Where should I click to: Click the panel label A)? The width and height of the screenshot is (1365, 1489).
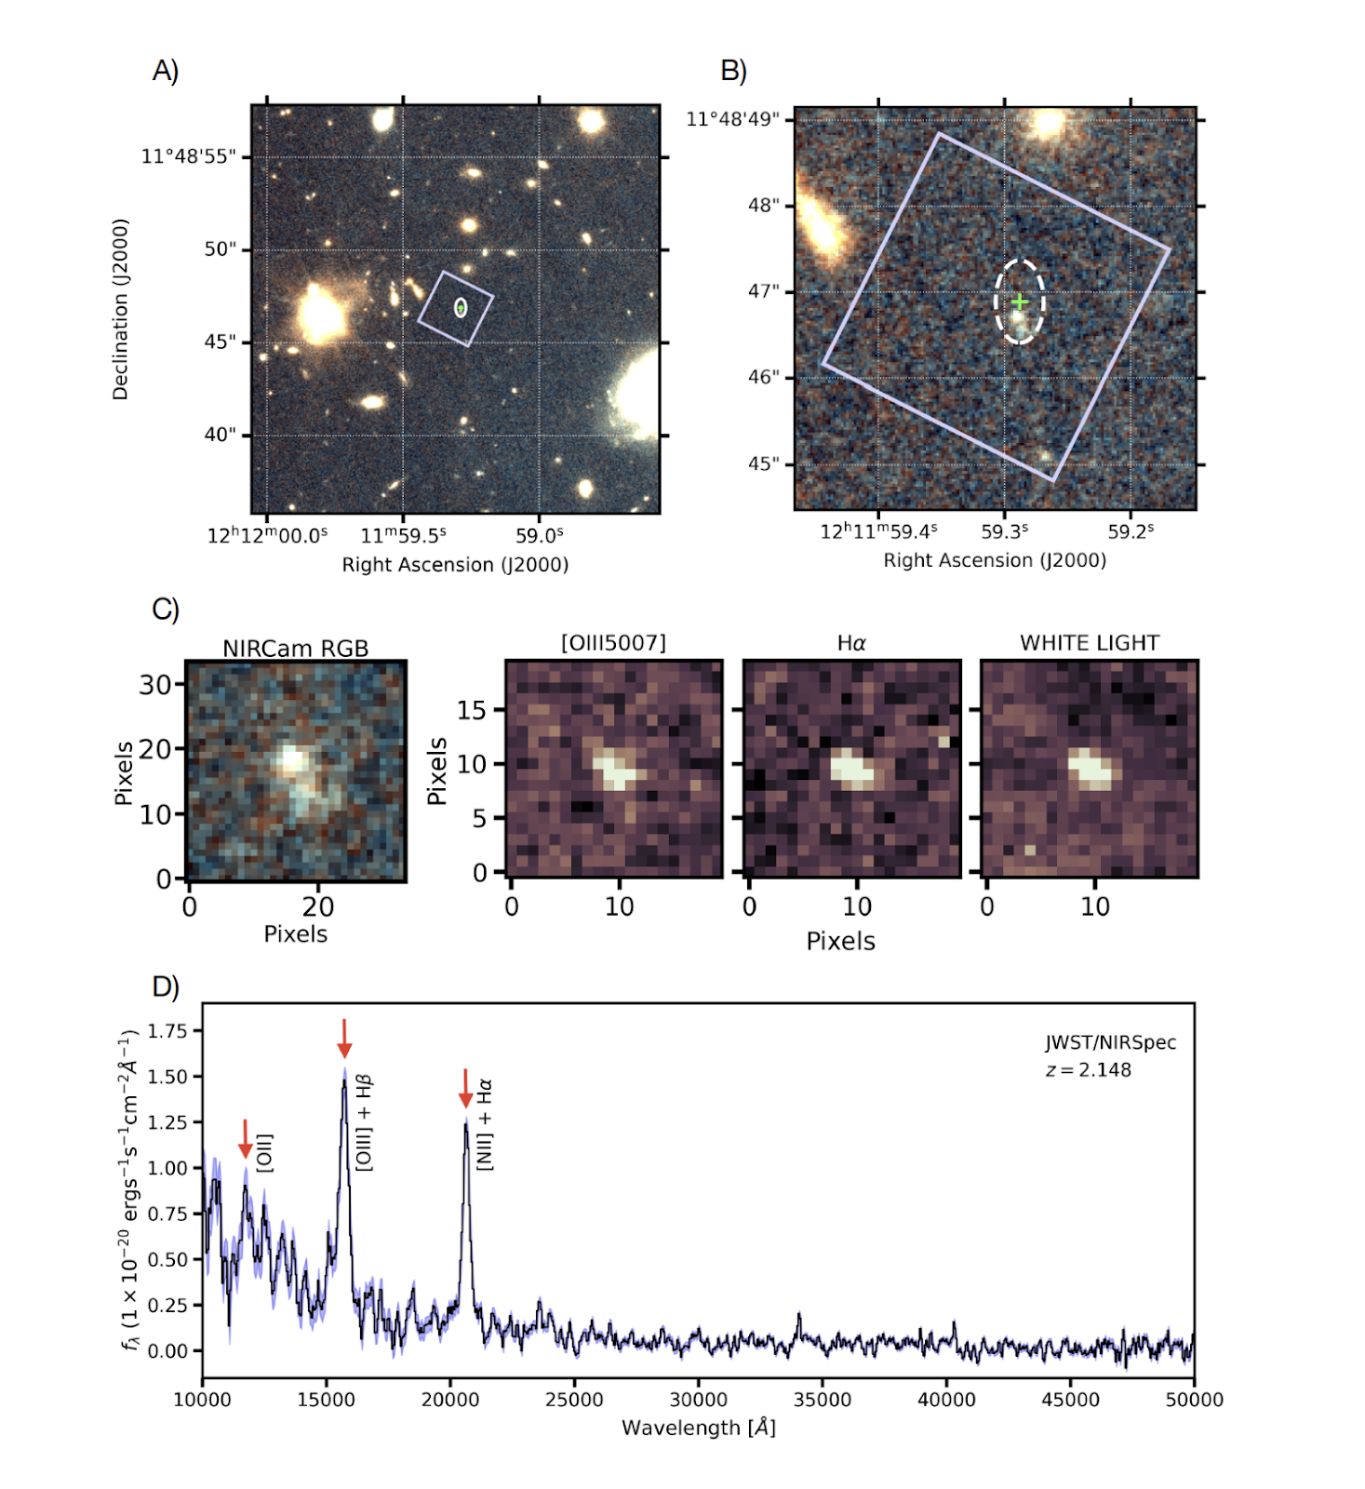[166, 71]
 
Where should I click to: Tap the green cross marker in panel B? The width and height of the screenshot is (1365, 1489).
[1020, 302]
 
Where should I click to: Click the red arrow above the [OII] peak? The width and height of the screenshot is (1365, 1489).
[245, 1138]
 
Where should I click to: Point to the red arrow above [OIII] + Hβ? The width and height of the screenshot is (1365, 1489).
[344, 1038]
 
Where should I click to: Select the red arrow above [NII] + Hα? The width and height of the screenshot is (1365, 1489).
[465, 1088]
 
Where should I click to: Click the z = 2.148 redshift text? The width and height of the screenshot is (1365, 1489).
[1088, 1070]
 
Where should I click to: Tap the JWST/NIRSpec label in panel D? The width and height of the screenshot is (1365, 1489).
[1110, 1042]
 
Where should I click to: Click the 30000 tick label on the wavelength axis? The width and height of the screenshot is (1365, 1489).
[698, 1400]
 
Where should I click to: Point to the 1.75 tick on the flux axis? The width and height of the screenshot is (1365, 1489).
[167, 1030]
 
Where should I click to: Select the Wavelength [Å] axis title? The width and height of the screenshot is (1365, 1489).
[698, 1428]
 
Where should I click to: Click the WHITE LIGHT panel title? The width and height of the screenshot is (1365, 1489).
[1090, 643]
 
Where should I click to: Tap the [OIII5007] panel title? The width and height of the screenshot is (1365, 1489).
[613, 643]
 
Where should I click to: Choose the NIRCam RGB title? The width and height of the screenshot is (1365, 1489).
[295, 649]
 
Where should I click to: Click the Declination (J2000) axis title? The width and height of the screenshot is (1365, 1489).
[120, 309]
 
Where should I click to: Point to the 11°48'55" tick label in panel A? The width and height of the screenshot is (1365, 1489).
[188, 156]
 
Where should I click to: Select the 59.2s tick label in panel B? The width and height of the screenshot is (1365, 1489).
[1131, 531]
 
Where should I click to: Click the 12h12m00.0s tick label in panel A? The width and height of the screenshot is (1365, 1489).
[267, 536]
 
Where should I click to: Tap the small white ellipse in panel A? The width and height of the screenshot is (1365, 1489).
[461, 307]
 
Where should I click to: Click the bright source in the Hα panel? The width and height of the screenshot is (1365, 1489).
[852, 769]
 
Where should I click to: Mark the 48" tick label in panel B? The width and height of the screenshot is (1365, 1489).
[763, 206]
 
